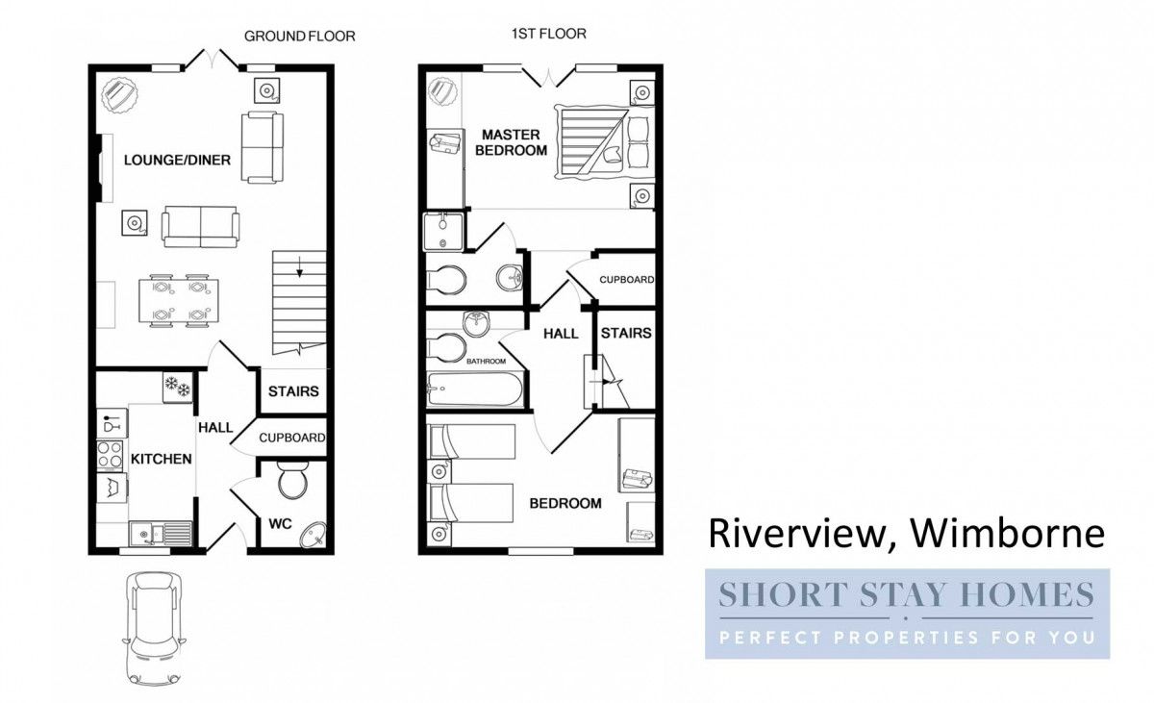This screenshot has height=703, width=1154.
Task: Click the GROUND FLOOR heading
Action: (299, 37)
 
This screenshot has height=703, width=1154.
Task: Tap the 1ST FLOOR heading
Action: (549, 34)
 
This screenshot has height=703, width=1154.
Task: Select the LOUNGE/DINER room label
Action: (177, 161)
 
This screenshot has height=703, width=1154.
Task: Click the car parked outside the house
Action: (154, 628)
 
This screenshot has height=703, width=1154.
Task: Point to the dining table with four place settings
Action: (178, 301)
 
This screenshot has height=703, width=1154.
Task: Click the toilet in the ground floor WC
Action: (293, 480)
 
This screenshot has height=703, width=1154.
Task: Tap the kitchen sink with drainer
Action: (162, 534)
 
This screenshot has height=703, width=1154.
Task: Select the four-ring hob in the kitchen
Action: (111, 455)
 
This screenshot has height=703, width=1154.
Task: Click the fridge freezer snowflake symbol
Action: (177, 387)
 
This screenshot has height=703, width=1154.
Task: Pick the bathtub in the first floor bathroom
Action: (475, 389)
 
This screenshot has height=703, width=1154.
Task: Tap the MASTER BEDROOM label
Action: (511, 142)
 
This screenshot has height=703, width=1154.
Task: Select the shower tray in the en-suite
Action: (443, 232)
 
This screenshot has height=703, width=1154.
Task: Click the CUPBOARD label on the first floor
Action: (626, 280)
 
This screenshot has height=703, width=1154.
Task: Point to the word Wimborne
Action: (1009, 533)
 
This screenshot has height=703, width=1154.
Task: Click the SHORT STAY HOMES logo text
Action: (906, 594)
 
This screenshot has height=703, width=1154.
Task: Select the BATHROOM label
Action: (486, 362)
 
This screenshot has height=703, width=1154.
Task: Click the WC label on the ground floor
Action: (280, 524)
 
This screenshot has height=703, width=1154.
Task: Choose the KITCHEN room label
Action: (162, 459)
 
